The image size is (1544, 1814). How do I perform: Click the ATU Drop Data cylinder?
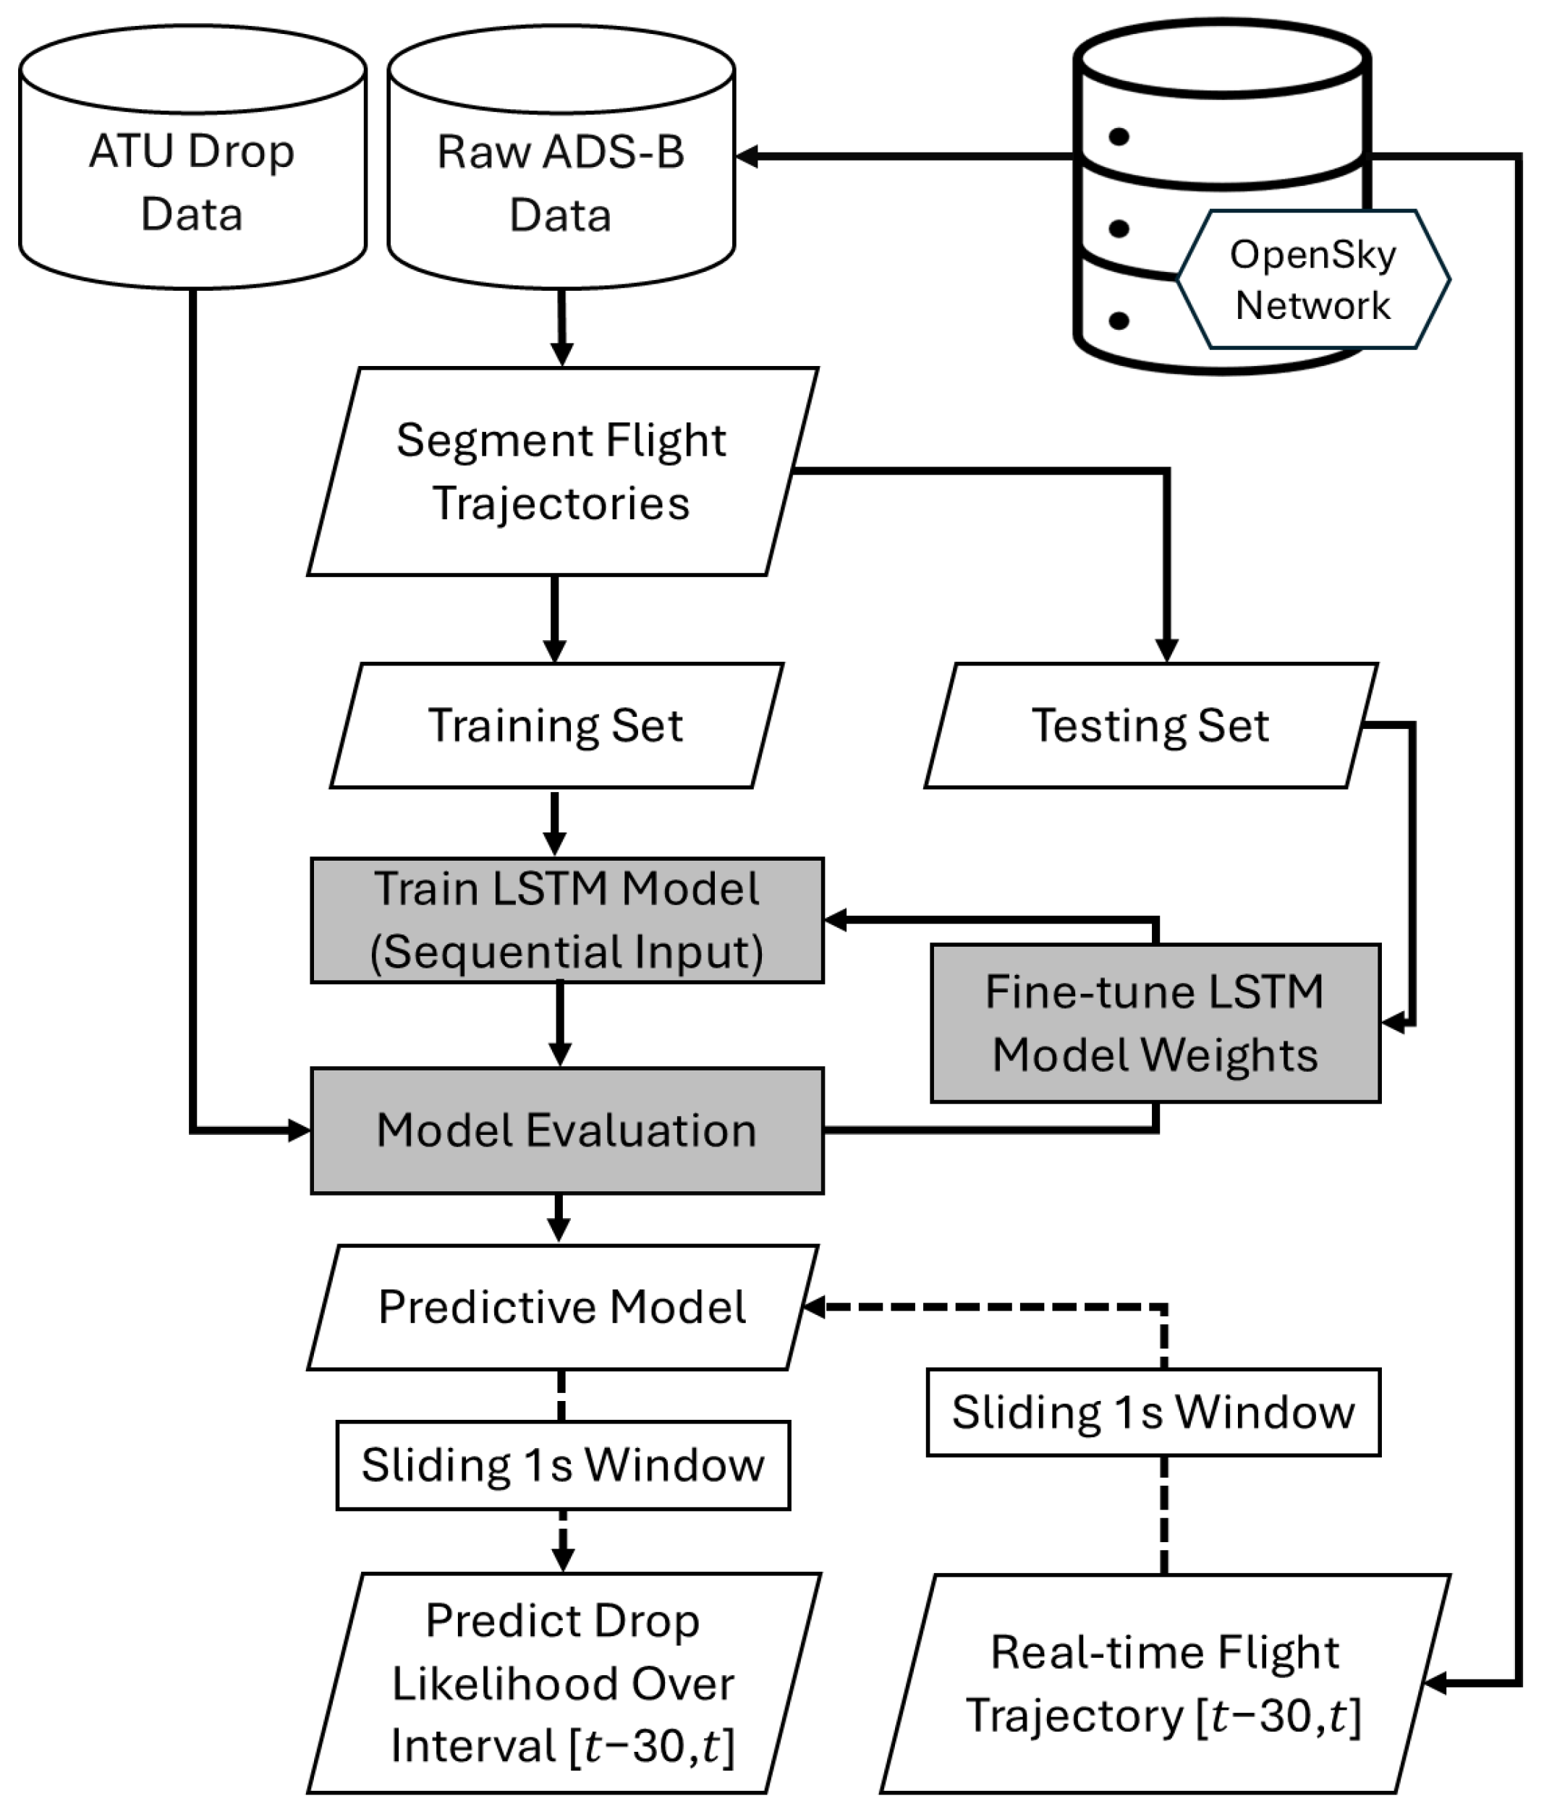[192, 158]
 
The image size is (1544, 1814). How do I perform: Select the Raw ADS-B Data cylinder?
[561, 158]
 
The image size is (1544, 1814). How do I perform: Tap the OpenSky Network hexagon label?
[1313, 280]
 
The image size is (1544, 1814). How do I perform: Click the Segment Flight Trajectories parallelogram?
[562, 472]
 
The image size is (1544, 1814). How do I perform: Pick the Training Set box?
[556, 725]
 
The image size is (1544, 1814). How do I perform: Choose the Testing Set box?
[1151, 725]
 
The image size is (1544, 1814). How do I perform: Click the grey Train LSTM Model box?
[567, 921]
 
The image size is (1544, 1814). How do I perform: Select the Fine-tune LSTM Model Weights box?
[1155, 1023]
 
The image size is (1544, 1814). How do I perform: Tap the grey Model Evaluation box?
[567, 1130]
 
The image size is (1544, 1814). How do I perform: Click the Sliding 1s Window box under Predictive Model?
[564, 1465]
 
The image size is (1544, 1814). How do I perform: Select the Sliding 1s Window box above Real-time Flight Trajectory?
[1153, 1413]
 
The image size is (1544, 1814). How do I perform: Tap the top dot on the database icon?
[1119, 137]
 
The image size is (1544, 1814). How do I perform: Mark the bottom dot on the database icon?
[1119, 320]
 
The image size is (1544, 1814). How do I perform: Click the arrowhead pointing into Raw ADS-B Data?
[747, 157]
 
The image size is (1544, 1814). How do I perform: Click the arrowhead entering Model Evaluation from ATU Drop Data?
[300, 1130]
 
